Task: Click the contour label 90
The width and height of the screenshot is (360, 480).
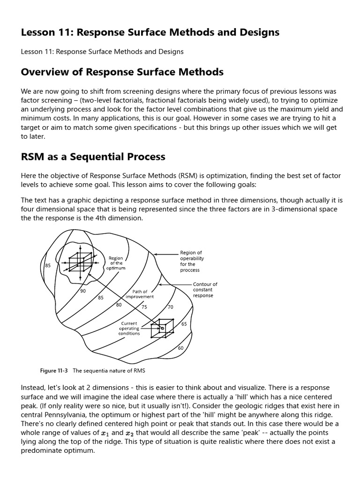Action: (x=83, y=291)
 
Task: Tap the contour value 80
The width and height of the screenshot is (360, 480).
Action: (x=119, y=305)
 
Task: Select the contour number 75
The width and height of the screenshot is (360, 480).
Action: (x=144, y=307)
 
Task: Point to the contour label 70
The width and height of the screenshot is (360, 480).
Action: (x=170, y=307)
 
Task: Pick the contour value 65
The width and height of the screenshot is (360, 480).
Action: (x=184, y=324)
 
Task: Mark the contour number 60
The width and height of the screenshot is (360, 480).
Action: (x=180, y=348)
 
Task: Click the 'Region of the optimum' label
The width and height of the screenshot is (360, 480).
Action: (x=116, y=263)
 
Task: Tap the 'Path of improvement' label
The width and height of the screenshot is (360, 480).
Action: (x=140, y=294)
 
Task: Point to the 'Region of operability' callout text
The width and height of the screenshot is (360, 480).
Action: (x=191, y=261)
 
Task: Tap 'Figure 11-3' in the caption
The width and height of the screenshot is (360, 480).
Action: (x=54, y=371)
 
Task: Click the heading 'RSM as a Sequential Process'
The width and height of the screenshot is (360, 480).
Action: (x=93, y=157)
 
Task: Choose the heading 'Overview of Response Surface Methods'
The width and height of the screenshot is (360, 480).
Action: (x=122, y=72)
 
